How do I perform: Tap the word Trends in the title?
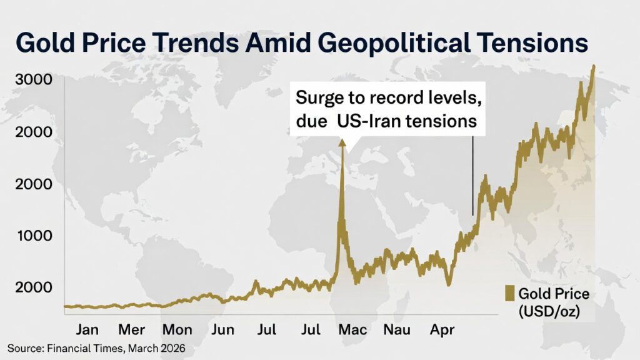[x=200, y=44]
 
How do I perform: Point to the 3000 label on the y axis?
[x=34, y=81]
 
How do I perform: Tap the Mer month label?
[x=131, y=329]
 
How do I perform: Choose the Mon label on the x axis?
[x=177, y=329]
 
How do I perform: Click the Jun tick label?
[x=222, y=329]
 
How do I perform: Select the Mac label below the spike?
[x=352, y=329]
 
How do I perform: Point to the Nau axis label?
[x=397, y=329]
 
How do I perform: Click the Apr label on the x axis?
[x=442, y=329]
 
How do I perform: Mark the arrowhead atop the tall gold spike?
[x=342, y=142]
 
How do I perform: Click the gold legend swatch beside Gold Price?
[x=509, y=294]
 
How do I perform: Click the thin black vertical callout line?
[x=472, y=175]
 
